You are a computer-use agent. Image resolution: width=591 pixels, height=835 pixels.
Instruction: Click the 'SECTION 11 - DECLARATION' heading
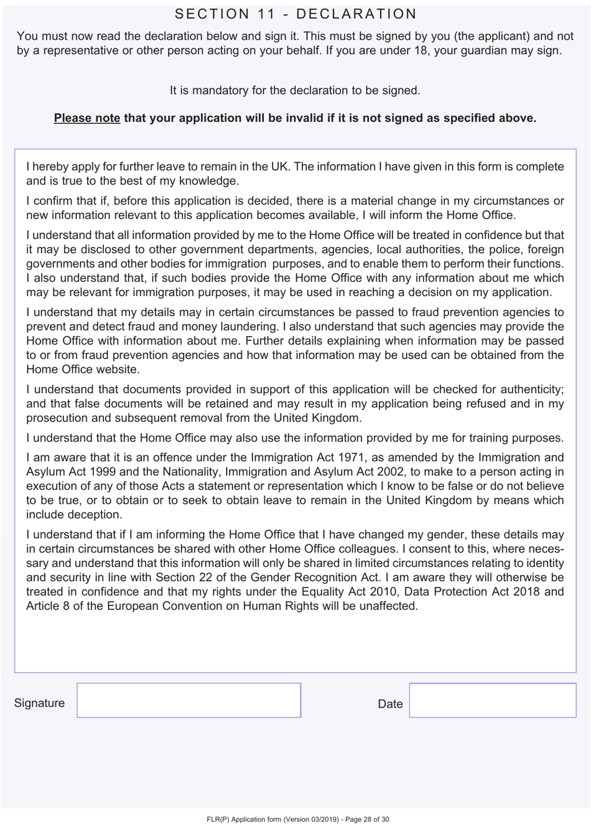[x=295, y=14]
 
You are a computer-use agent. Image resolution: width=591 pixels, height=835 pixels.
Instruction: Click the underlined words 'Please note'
[x=86, y=118]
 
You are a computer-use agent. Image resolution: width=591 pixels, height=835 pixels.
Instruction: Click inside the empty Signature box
[x=188, y=700]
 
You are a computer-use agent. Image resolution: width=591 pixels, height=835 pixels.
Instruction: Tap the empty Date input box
[x=492, y=700]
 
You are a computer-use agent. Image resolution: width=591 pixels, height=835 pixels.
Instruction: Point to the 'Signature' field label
[x=39, y=703]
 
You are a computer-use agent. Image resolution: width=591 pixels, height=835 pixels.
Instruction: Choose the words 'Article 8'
[x=48, y=605]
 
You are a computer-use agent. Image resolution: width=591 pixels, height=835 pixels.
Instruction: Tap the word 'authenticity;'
[x=528, y=390]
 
